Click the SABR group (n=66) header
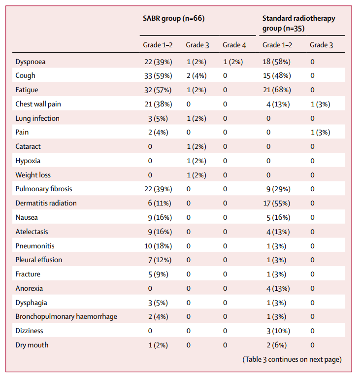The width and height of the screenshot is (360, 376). click(x=173, y=18)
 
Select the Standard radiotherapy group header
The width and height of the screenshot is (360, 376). click(x=298, y=23)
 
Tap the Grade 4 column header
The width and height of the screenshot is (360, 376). click(x=234, y=45)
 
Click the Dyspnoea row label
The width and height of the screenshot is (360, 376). click(x=31, y=62)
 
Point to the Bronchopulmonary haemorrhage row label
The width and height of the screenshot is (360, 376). click(x=66, y=316)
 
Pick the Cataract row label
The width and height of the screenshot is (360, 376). click(x=28, y=146)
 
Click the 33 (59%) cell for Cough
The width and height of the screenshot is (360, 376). click(x=158, y=76)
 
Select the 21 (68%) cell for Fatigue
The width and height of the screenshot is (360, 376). click(x=277, y=90)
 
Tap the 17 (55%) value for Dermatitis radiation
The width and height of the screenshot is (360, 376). click(x=277, y=204)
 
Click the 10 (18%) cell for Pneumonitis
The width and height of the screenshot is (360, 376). click(x=158, y=246)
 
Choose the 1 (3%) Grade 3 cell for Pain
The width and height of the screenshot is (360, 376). click(x=321, y=133)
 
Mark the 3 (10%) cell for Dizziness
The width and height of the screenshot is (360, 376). click(x=278, y=331)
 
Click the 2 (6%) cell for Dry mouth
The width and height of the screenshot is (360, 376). click(x=277, y=345)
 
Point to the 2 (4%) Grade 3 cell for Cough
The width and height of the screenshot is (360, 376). click(x=196, y=76)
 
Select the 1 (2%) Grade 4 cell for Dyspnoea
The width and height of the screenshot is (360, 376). click(x=233, y=62)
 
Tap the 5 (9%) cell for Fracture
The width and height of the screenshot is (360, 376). click(x=158, y=274)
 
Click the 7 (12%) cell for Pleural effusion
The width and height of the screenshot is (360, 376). click(x=160, y=260)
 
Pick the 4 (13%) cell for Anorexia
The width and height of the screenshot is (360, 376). click(x=278, y=288)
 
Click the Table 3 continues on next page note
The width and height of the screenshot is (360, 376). click(x=292, y=359)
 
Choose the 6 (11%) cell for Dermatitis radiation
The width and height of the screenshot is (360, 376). click(x=160, y=204)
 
